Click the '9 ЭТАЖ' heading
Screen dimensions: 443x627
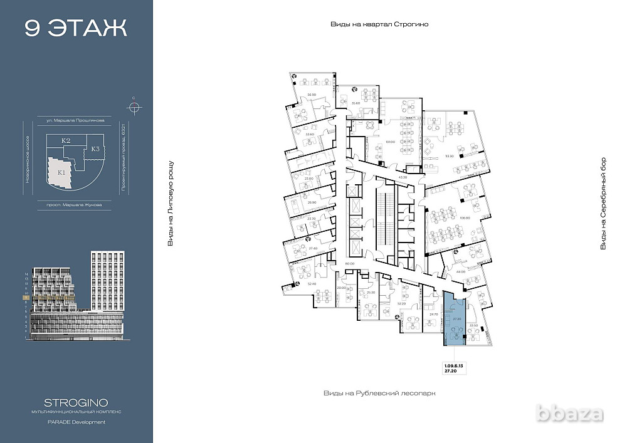tap(76, 28)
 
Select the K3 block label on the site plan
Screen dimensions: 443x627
tap(95, 149)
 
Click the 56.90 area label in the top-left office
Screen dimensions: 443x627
tap(311, 95)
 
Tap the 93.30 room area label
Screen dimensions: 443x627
tap(450, 156)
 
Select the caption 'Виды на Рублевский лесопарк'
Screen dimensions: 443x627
tap(379, 393)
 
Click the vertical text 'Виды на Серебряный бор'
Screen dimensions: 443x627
tap(603, 204)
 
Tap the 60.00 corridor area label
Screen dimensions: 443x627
tap(349, 264)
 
